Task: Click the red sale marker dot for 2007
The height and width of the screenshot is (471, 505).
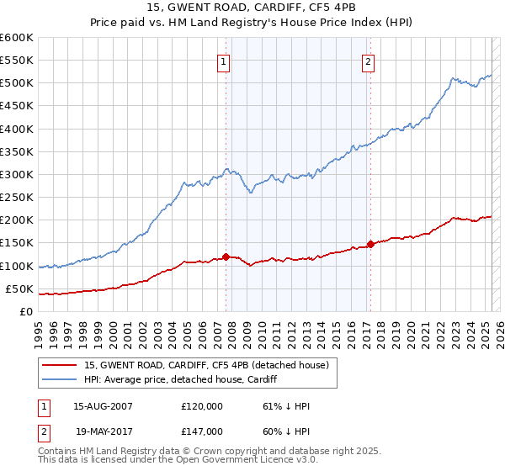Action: (x=226, y=257)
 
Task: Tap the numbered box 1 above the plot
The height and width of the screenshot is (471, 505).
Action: (x=224, y=61)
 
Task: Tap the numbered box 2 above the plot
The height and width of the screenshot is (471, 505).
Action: (x=369, y=61)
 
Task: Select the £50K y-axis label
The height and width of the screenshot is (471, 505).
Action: (x=19, y=288)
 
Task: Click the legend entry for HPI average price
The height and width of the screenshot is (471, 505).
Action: (x=187, y=379)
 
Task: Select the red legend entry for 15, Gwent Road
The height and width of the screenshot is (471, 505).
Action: (x=211, y=365)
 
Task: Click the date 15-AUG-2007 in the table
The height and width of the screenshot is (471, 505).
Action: (x=104, y=406)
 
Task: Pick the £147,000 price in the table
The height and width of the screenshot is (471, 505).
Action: (x=202, y=430)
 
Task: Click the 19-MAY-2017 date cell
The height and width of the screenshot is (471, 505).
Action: (x=104, y=430)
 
